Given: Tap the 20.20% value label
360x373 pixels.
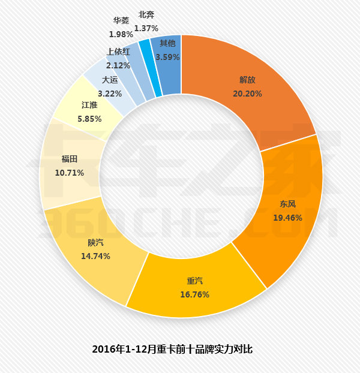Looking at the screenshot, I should [247, 94].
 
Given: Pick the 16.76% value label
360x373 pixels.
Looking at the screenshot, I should [196, 294].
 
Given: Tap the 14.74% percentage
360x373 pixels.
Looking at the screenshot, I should [95, 255].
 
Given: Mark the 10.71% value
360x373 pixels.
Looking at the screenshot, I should [69, 173].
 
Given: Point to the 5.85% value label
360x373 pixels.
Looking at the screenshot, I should [90, 119].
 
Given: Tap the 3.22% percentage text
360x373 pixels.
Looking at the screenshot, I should [110, 94].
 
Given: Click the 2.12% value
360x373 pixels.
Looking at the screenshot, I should [118, 65].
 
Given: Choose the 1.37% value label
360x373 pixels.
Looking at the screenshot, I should [146, 28].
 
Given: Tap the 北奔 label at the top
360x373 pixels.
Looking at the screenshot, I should [146, 15].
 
